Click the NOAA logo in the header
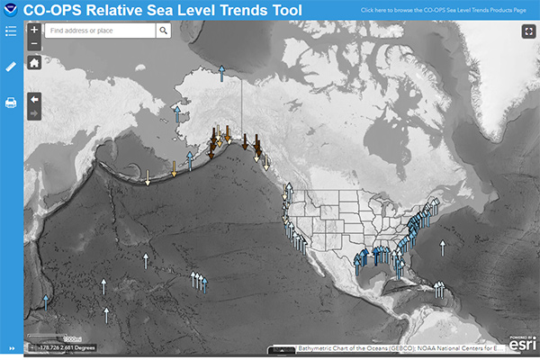click(x=11, y=10)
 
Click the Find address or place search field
click(x=99, y=30)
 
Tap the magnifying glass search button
click(x=163, y=30)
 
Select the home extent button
click(x=34, y=63)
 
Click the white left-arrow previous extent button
click(x=34, y=98)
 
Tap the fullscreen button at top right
click(x=528, y=31)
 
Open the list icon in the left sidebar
click(x=11, y=31)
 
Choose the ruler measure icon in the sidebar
click(x=11, y=67)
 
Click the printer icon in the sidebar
click(x=11, y=103)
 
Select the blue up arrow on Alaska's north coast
click(x=219, y=72)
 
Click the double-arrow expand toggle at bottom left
click(x=12, y=348)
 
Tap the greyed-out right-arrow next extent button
click(x=34, y=113)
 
